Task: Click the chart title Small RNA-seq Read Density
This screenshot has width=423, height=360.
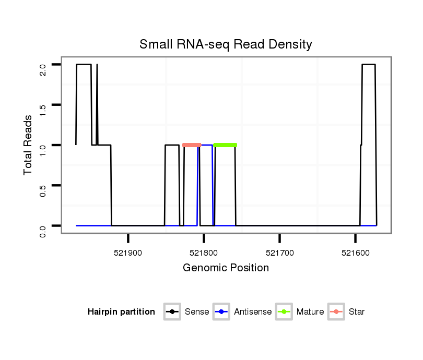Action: pos(226,44)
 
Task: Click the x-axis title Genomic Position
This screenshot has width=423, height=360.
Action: pos(226,268)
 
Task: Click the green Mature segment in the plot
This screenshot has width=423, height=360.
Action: pos(225,145)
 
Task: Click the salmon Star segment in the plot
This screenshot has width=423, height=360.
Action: pos(192,145)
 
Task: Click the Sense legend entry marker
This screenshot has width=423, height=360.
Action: pos(172,312)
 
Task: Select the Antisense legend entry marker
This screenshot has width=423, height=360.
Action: pos(222,312)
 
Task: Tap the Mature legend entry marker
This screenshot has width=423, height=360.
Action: pos(284,312)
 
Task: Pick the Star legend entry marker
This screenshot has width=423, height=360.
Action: pos(336,312)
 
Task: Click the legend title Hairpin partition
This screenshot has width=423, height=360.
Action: pos(121,312)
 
